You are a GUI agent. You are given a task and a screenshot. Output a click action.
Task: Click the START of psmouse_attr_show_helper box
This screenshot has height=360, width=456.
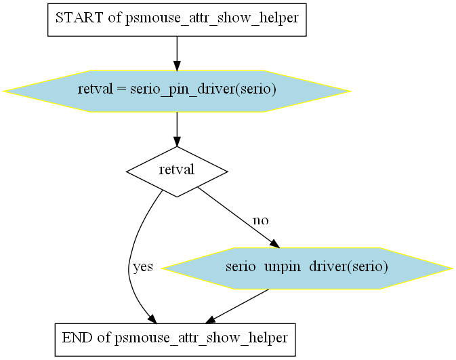tap(177, 20)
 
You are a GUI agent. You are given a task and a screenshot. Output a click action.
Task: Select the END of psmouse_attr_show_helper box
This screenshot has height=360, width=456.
tap(175, 340)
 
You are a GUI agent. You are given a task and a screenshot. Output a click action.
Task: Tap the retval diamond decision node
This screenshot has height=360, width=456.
tap(177, 172)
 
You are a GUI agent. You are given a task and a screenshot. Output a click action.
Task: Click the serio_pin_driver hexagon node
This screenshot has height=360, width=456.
tap(177, 91)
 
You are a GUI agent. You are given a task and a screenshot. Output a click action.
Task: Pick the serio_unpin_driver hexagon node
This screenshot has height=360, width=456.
tap(307, 268)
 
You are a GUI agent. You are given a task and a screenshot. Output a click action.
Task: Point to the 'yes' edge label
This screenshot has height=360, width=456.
tap(142, 266)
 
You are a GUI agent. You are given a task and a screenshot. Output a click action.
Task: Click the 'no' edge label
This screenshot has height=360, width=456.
tap(261, 220)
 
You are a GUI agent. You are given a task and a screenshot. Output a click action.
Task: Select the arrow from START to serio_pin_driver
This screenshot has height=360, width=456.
tap(177, 54)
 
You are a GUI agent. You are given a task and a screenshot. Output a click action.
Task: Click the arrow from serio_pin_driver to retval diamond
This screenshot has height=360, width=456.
tap(177, 129)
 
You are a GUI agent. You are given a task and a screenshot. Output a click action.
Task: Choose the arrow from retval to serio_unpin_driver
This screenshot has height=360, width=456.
tap(239, 218)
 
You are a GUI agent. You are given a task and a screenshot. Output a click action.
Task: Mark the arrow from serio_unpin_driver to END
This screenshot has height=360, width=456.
tap(237, 306)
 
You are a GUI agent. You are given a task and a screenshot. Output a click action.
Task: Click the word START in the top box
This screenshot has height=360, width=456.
tap(79, 18)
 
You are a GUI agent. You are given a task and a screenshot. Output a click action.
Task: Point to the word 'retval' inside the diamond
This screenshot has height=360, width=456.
tap(177, 169)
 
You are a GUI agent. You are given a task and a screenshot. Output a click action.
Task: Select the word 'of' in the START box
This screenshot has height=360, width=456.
tap(115, 18)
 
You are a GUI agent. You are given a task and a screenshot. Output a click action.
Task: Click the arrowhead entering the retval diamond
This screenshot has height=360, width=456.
tap(177, 142)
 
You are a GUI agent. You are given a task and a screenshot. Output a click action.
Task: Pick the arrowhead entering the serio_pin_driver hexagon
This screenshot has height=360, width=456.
tap(177, 66)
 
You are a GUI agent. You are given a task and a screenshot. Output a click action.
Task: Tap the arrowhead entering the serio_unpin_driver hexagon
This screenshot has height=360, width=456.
tap(274, 244)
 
